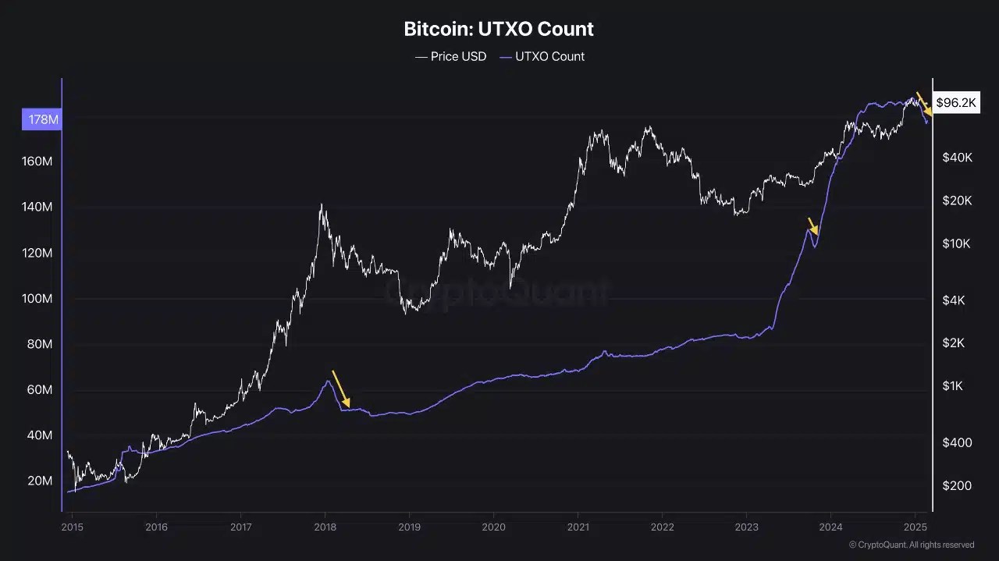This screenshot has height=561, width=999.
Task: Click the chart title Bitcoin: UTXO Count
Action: coord(499,30)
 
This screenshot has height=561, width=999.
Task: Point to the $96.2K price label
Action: coord(956,102)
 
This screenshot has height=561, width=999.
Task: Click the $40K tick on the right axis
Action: coord(957,158)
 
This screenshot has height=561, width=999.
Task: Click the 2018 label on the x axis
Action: coord(325,527)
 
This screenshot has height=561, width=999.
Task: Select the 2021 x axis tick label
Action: coord(578,527)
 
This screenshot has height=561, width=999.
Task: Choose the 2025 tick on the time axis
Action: coord(915,527)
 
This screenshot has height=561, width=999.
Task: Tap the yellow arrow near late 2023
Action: coord(812,225)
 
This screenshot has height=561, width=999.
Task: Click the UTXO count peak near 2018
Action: coord(328,381)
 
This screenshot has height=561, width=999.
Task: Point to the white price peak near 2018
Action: coord(322,204)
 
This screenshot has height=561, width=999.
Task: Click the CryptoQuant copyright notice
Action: coord(911,545)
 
